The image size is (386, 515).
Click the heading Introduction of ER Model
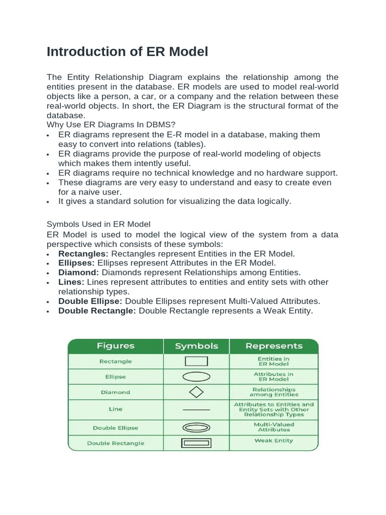[127, 52]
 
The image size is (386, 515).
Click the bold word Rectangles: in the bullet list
[83, 253]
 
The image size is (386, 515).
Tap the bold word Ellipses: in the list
[76, 263]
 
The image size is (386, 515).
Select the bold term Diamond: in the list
[79, 273]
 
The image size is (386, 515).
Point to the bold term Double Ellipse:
[90, 301]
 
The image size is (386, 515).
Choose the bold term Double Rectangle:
[97, 311]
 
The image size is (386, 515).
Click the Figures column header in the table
[116, 346]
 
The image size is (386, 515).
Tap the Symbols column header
[197, 346]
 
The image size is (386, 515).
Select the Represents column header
[274, 346]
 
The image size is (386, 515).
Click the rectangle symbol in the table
[197, 361]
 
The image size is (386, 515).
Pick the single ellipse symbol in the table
[197, 377]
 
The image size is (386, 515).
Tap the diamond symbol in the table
[197, 392]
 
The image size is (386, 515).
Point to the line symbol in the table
[197, 410]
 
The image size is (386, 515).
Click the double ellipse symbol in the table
[197, 428]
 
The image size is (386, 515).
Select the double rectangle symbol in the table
[197, 443]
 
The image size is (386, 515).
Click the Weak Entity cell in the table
[274, 441]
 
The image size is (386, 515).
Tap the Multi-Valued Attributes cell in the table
[274, 427]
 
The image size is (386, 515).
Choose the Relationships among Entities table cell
[274, 392]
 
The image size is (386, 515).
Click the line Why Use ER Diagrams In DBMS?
[111, 125]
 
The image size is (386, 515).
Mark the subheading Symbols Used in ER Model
[99, 224]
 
